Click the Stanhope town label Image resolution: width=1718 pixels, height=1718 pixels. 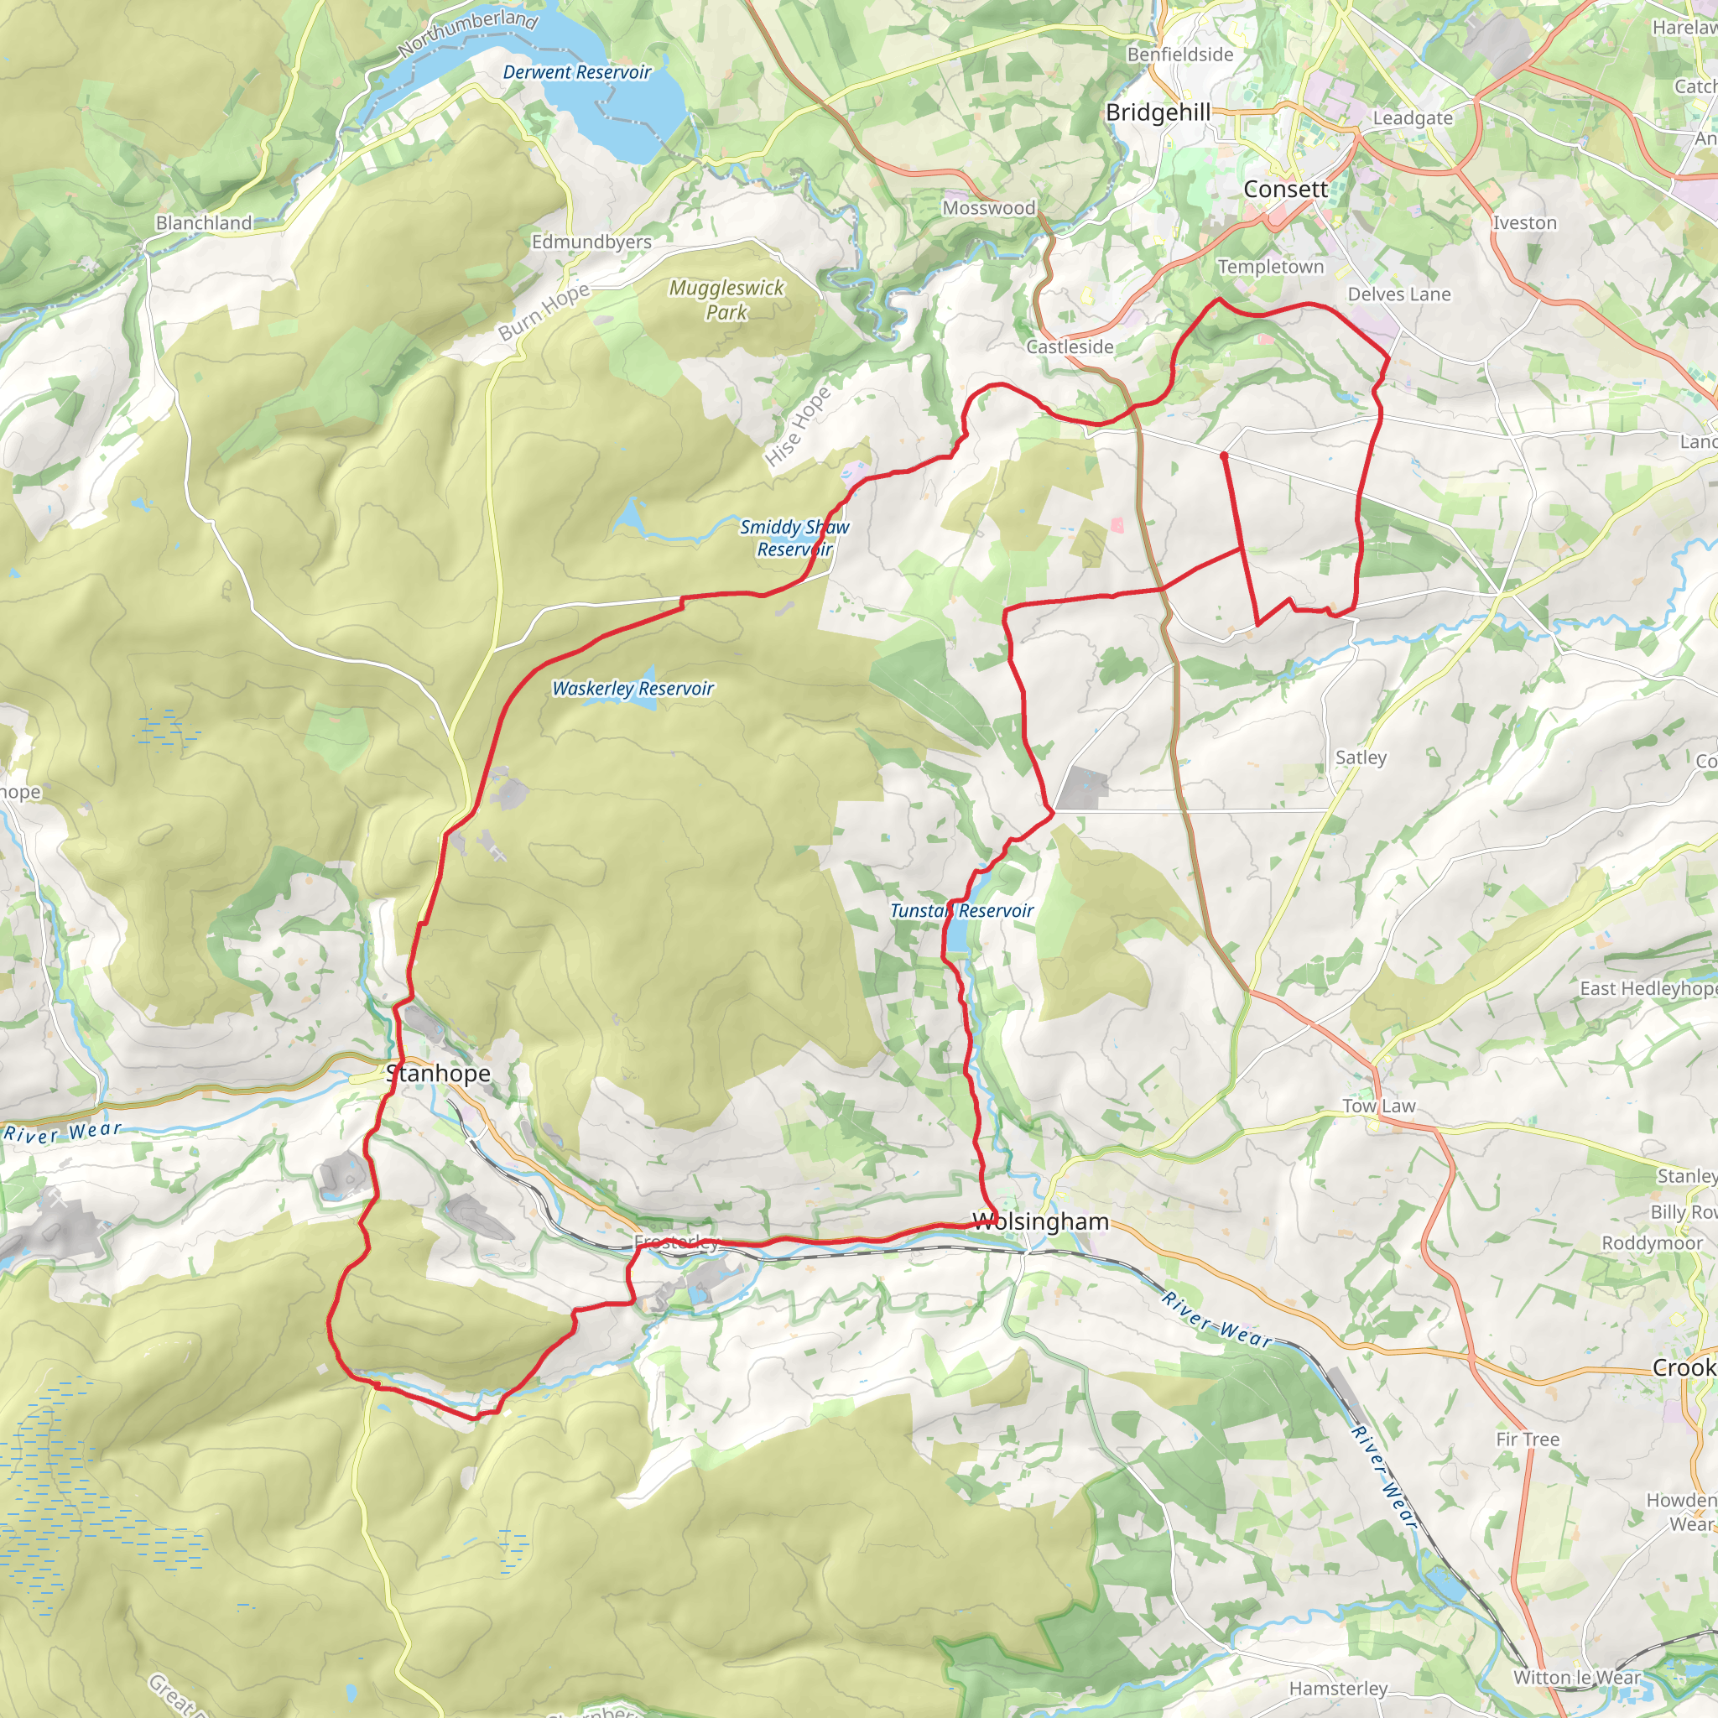[x=439, y=1073]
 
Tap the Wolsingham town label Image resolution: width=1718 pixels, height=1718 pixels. [x=1040, y=1221]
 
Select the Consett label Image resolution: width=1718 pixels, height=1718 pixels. [x=1285, y=190]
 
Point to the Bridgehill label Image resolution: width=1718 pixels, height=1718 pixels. [x=1158, y=113]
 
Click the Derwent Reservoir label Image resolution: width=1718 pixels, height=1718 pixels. [x=577, y=73]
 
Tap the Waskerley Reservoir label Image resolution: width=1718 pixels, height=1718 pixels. [x=633, y=688]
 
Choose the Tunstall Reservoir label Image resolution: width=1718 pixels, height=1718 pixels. [x=961, y=910]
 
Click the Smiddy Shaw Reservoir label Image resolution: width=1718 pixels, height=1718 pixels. [x=794, y=538]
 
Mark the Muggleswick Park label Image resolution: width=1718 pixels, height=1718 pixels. [x=726, y=299]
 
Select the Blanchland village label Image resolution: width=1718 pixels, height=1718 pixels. [x=204, y=223]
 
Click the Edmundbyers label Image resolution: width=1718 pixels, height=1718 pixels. [x=591, y=242]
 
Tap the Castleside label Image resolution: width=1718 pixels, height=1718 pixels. [x=1070, y=346]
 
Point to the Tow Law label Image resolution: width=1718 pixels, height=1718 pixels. [x=1378, y=1106]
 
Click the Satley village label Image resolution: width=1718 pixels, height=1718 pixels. [x=1361, y=757]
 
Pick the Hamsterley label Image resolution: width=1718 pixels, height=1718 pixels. [x=1338, y=1689]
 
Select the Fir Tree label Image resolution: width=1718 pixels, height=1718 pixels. [x=1527, y=1439]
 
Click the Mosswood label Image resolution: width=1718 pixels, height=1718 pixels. [x=989, y=208]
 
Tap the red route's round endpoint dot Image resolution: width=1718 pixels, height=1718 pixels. [x=1224, y=456]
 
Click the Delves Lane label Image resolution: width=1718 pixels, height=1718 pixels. [x=1398, y=294]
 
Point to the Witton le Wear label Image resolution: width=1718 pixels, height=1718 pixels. [x=1576, y=1678]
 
